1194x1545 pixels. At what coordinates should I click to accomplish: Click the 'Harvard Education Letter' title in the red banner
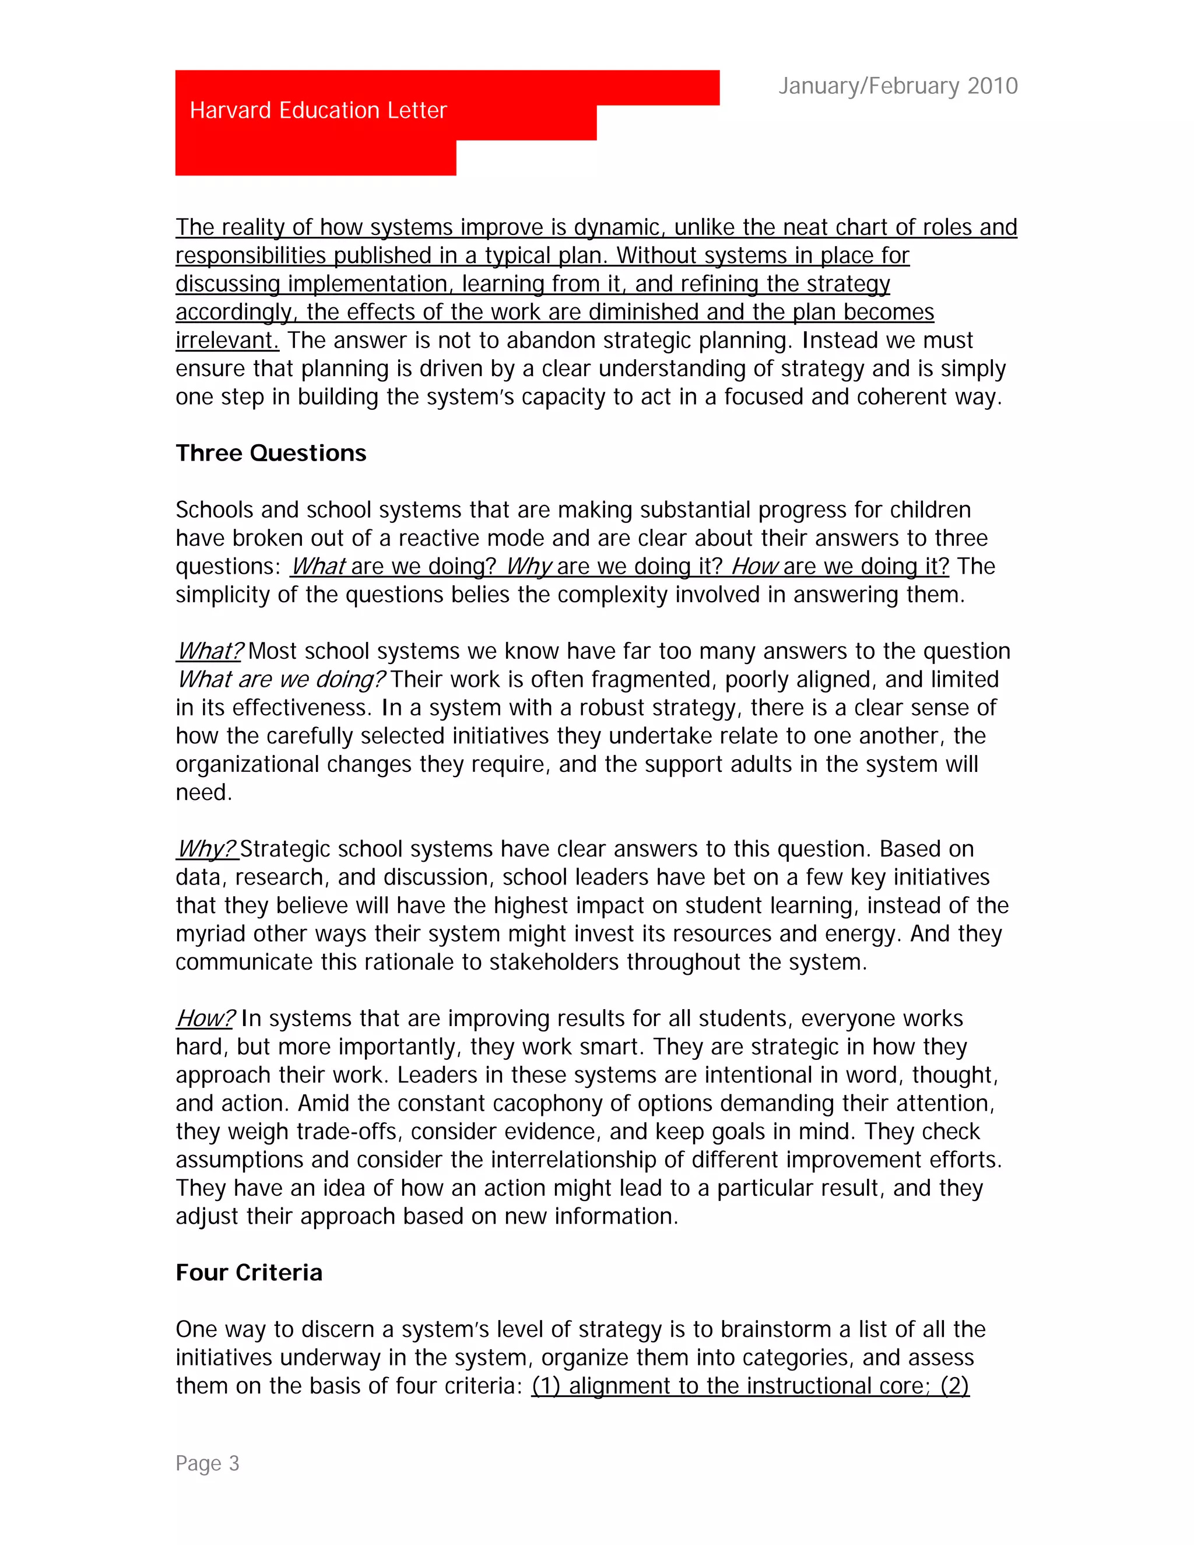pos(318,110)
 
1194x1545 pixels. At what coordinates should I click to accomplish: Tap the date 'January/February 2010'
pos(898,86)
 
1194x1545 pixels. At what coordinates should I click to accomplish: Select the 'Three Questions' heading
pos(271,453)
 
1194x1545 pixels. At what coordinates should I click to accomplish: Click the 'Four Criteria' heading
pos(249,1273)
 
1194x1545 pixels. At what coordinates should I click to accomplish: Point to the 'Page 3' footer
pos(207,1463)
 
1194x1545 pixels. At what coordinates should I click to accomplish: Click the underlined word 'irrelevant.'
pos(227,340)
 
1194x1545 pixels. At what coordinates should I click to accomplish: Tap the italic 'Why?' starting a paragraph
pos(206,849)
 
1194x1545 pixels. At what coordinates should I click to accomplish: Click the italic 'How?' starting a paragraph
pos(205,1019)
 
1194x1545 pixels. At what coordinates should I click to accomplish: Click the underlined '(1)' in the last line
pos(546,1386)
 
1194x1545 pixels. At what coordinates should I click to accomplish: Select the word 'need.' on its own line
pos(203,792)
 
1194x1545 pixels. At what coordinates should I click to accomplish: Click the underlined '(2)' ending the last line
pos(954,1386)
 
